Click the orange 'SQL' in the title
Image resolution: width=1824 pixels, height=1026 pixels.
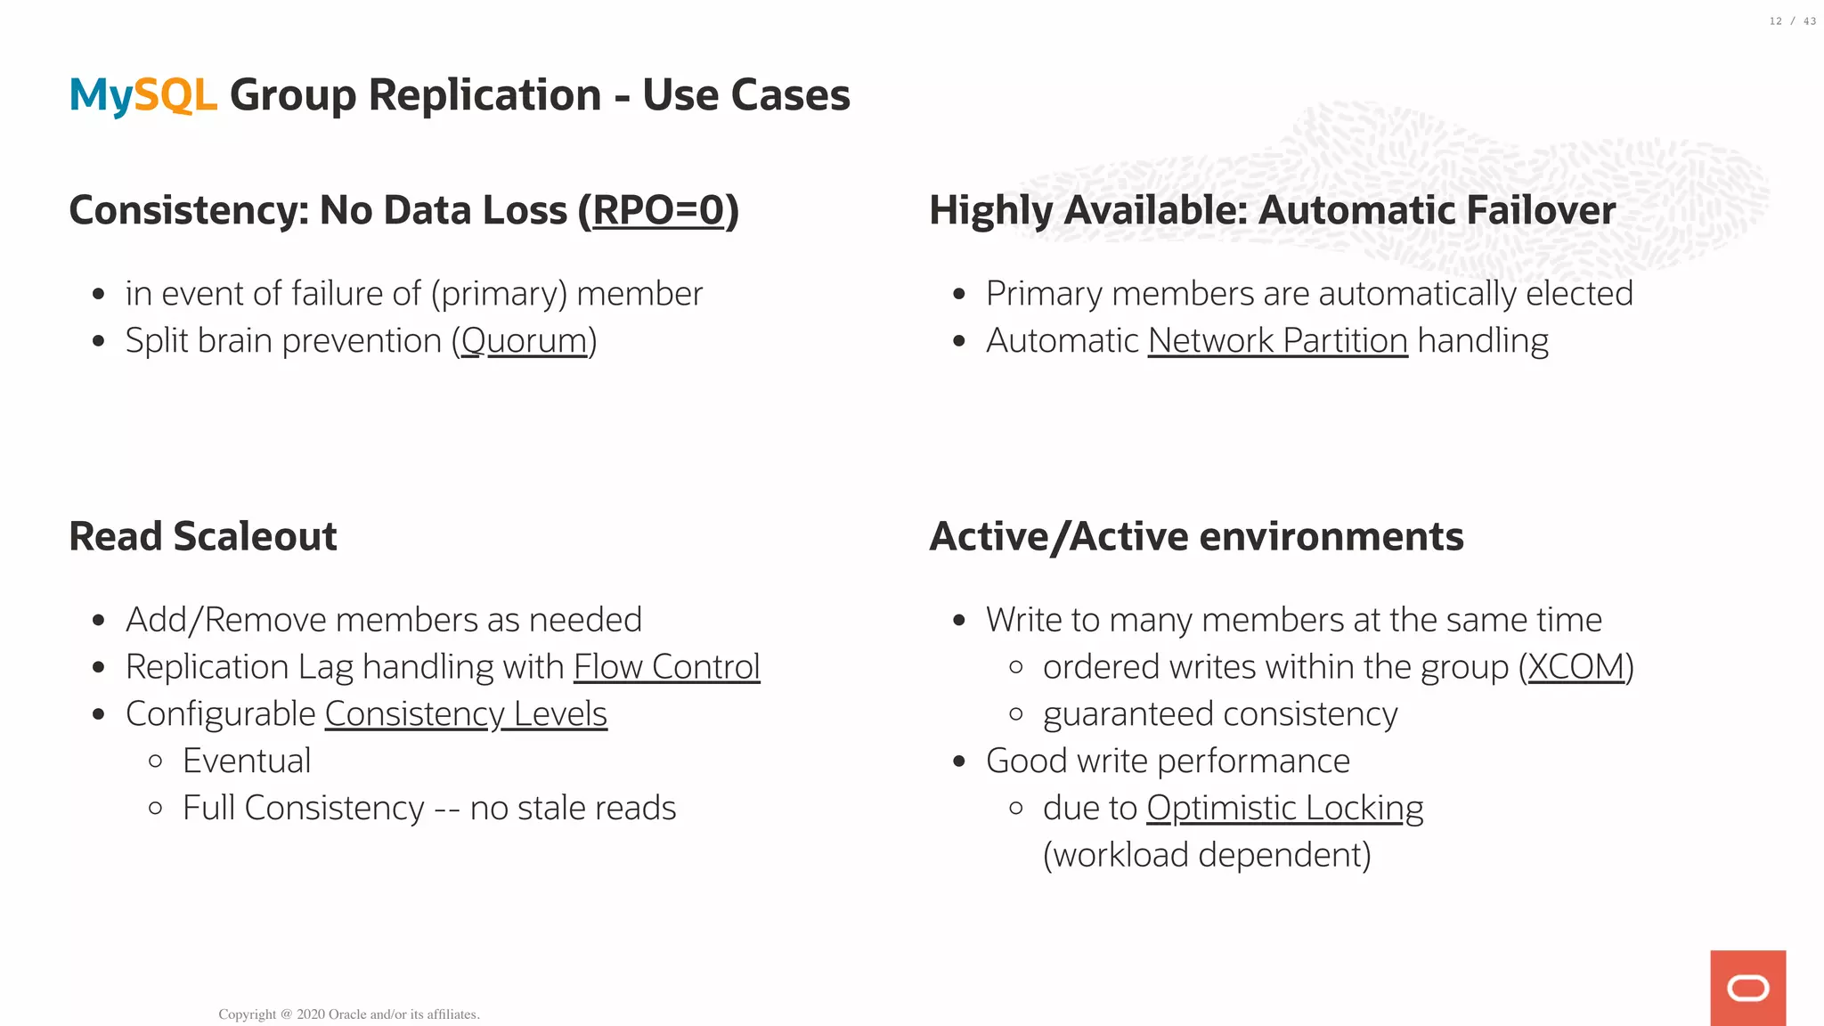point(175,94)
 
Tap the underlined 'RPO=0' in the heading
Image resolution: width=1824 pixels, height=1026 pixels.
point(659,210)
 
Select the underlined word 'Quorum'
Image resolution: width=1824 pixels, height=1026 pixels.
point(524,341)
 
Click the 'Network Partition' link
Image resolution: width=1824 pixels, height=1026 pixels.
point(1277,341)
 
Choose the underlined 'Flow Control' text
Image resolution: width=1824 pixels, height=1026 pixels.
point(666,667)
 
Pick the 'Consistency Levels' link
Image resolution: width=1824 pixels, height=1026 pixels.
point(466,714)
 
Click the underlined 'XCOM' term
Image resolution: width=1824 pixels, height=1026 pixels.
point(1576,667)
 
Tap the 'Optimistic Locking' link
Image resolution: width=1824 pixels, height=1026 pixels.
point(1284,808)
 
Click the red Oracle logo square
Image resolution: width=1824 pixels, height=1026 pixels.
point(1747,988)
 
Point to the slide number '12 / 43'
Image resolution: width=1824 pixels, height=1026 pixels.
point(1792,21)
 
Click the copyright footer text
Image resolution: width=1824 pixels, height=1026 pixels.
point(348,1014)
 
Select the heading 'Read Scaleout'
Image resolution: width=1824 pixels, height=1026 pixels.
point(203,536)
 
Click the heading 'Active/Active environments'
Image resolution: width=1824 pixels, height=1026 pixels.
point(1196,536)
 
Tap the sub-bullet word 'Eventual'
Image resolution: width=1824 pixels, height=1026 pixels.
point(247,761)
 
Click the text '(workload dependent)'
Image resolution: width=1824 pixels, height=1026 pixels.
point(1207,855)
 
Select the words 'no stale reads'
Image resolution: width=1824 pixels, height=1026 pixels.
point(573,809)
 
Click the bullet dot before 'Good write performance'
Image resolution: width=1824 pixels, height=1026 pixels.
point(959,761)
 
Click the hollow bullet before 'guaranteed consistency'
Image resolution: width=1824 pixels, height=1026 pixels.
point(1016,714)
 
